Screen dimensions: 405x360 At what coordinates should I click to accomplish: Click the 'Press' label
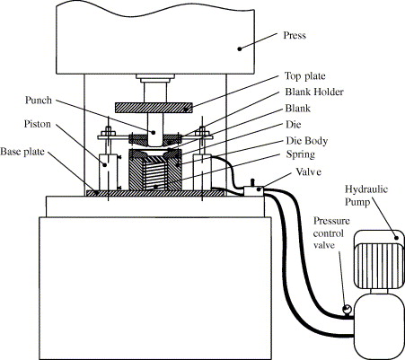(x=295, y=35)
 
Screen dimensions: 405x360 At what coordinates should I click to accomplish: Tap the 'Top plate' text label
(x=304, y=76)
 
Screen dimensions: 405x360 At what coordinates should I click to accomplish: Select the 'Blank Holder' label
(x=314, y=92)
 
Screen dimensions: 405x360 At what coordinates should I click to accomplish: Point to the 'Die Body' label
(x=307, y=141)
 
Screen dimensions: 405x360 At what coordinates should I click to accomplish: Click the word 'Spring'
(x=301, y=154)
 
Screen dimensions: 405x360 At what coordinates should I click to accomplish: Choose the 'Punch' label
(x=39, y=101)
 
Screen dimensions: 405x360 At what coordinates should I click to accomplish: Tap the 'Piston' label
(x=38, y=124)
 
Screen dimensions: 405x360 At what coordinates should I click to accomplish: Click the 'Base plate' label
(x=22, y=152)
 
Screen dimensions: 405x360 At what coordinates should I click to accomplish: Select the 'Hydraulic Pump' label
(x=365, y=196)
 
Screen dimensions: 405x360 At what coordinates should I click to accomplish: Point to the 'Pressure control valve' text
(x=331, y=233)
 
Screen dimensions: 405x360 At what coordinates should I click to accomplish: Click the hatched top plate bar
(x=154, y=108)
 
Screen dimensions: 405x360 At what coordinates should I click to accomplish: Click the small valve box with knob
(x=253, y=190)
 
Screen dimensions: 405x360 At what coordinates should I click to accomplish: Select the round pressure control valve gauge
(x=348, y=310)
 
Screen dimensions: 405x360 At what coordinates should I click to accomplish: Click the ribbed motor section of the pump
(x=379, y=266)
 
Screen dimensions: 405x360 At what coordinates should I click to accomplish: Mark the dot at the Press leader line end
(x=240, y=48)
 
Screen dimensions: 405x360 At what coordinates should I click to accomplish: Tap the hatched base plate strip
(x=155, y=193)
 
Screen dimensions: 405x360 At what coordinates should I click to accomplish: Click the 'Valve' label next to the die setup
(x=309, y=172)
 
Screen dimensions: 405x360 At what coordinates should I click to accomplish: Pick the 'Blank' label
(x=298, y=109)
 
